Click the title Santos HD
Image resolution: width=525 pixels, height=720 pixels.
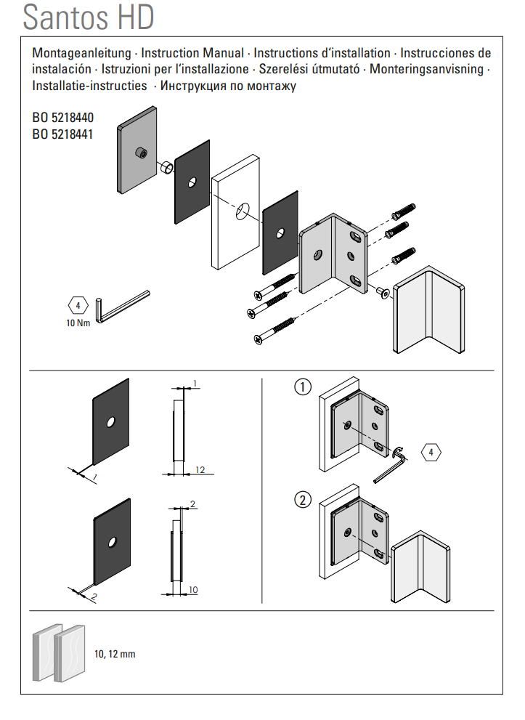pyautogui.click(x=89, y=17)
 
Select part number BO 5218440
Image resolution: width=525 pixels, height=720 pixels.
pyautogui.click(x=62, y=117)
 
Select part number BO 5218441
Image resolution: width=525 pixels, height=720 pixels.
pyautogui.click(x=62, y=134)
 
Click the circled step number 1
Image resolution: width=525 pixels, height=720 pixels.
pyautogui.click(x=303, y=387)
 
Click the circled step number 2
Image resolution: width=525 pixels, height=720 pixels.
pyautogui.click(x=303, y=500)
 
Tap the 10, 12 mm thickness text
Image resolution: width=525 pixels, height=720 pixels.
pyautogui.click(x=115, y=654)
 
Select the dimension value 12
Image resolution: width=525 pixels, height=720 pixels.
pyautogui.click(x=200, y=470)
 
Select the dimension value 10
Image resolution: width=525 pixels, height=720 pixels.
pyautogui.click(x=192, y=588)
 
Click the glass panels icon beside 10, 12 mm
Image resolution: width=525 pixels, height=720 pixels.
pyautogui.click(x=58, y=652)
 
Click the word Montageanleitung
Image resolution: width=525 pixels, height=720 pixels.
pyautogui.click(x=81, y=53)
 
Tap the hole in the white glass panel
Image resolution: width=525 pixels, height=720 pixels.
pyautogui.click(x=242, y=211)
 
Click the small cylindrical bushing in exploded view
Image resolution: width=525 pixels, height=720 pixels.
pyautogui.click(x=166, y=169)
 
